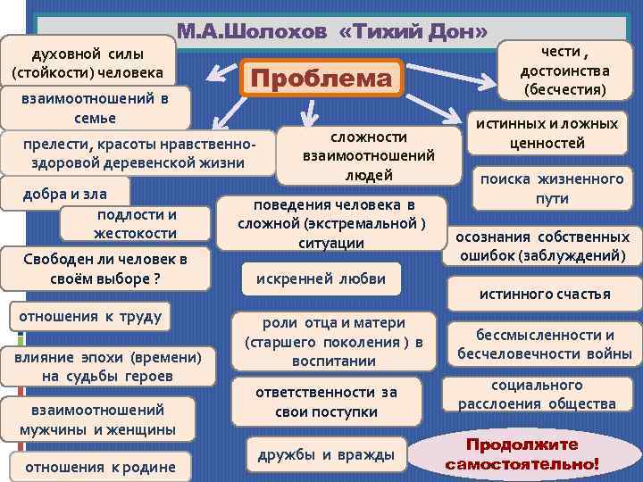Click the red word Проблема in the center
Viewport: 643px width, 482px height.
point(321,78)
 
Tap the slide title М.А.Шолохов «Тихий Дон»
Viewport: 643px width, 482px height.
point(331,32)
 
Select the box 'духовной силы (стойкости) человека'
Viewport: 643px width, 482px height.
point(87,61)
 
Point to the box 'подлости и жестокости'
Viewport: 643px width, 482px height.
point(135,224)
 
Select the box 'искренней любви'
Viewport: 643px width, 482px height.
point(321,278)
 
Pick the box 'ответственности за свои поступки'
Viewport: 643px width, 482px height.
point(326,403)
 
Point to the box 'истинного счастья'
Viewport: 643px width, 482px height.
point(544,294)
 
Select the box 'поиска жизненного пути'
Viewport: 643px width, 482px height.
point(551,188)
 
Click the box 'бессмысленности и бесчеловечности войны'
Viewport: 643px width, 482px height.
point(544,345)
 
